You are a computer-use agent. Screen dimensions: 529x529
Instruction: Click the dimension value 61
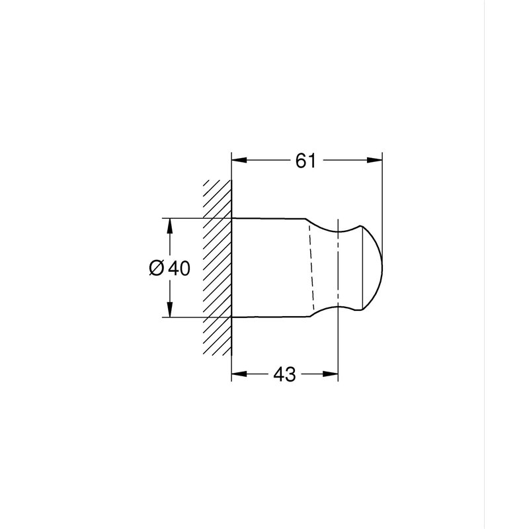coord(305,161)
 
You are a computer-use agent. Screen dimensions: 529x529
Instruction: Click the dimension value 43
coord(284,374)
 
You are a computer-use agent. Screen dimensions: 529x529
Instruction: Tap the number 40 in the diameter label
coord(179,268)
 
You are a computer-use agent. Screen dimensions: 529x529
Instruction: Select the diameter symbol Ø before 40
coord(157,268)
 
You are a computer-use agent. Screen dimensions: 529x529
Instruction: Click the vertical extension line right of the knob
coord(383,198)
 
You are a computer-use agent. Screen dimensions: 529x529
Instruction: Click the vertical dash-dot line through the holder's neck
coord(338,267)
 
